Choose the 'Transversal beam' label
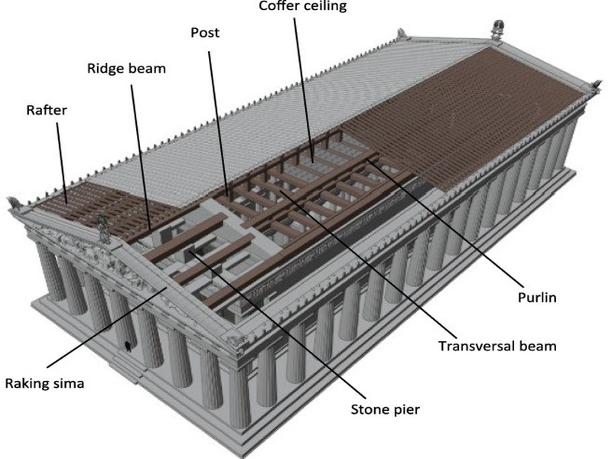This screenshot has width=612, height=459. point(497,347)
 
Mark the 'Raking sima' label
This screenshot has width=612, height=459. point(44,383)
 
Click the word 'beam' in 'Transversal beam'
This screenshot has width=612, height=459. point(537,347)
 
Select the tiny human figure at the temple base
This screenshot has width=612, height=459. point(127,347)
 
